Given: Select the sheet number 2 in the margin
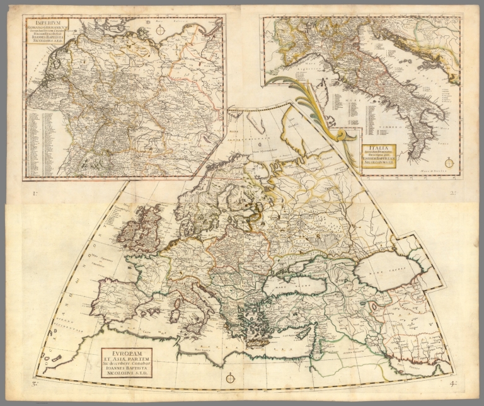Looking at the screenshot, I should coord(451,194).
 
